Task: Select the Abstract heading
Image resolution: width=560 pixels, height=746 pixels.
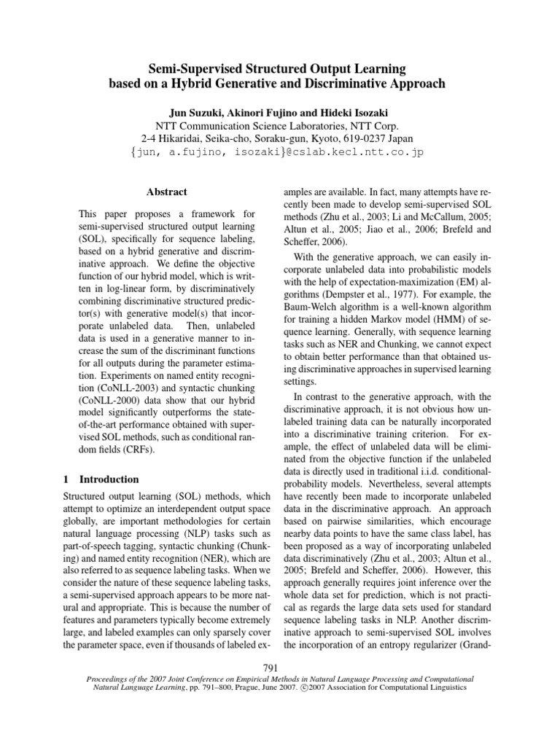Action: [x=167, y=192]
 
